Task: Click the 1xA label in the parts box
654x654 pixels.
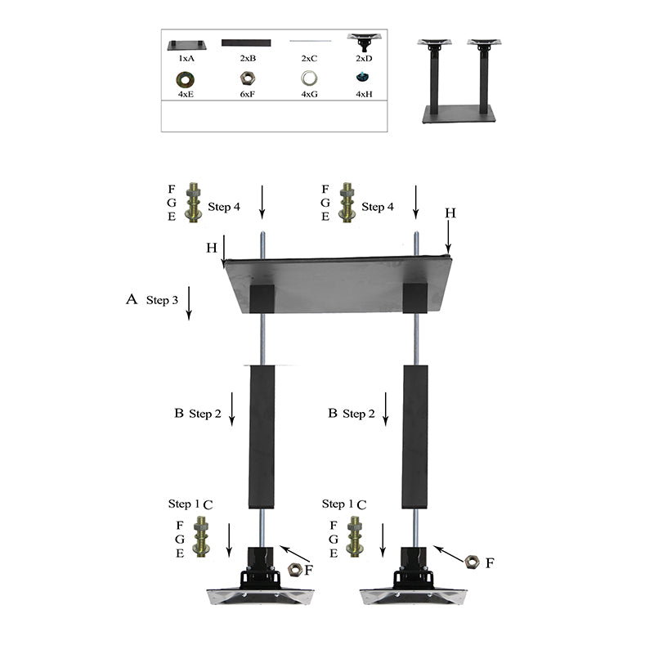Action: coord(186,58)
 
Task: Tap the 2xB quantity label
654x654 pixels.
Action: coord(248,58)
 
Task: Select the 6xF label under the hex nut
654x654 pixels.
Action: coord(248,94)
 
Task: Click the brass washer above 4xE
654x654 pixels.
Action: coord(186,79)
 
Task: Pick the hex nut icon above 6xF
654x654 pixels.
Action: coord(248,78)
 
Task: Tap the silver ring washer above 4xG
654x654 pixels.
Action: coord(309,78)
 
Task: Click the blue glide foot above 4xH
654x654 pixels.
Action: coord(363,77)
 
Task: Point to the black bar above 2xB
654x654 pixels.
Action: coord(246,43)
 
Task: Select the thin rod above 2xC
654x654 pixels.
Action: coord(311,41)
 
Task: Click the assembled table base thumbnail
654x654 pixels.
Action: coord(459,81)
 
